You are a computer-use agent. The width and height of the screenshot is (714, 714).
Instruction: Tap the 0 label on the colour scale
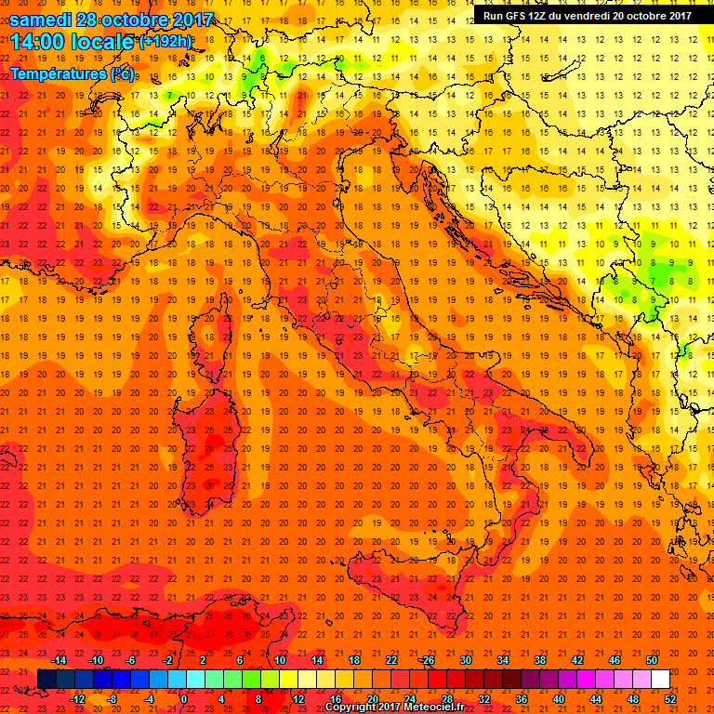[184, 699]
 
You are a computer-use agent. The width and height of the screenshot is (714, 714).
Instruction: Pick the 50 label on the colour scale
[651, 660]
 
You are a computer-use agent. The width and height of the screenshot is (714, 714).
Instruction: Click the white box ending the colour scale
[660, 680]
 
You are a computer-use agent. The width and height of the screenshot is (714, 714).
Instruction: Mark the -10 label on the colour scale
[95, 660]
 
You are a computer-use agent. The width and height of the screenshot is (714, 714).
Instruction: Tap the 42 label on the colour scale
[576, 660]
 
